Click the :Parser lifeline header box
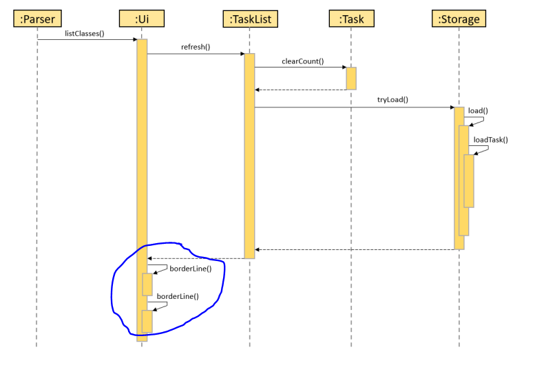coord(36,19)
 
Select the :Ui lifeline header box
coord(141,19)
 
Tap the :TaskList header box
coord(249,19)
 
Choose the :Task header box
coord(351,19)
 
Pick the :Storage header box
coord(459,19)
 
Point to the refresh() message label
coord(196,48)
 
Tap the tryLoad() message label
coord(392,99)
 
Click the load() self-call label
coord(478,110)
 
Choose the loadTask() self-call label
coord(490,140)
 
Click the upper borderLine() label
coord(190,268)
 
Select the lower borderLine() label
coord(177,296)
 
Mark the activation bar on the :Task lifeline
coord(351,78)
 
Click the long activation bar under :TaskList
coord(249,156)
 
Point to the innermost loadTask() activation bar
coord(469,180)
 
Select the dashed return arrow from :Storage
coord(354,249)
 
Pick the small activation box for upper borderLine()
coord(147,284)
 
